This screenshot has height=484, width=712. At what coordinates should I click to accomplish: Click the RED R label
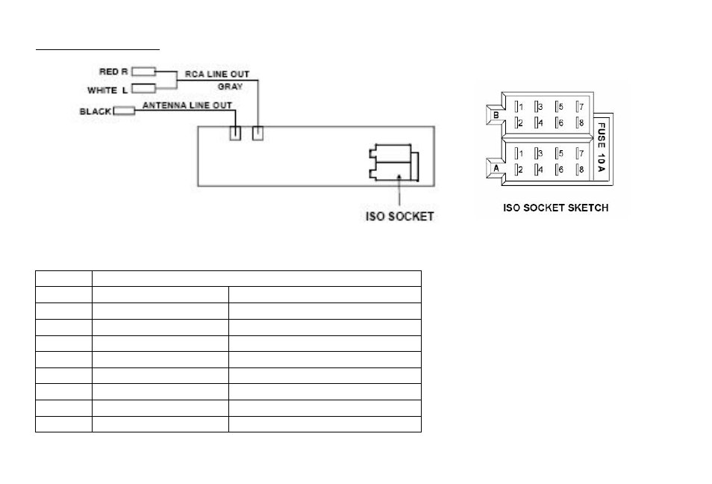point(113,72)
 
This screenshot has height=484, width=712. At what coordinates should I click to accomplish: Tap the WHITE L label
point(107,90)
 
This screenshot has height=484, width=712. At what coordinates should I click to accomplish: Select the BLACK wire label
point(96,111)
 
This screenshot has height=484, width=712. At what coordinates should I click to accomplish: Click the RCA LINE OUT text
point(217,74)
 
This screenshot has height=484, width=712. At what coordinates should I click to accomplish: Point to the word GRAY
point(230,87)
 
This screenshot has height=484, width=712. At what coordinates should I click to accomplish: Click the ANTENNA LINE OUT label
point(187,105)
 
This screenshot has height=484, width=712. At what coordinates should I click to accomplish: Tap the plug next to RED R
point(143,72)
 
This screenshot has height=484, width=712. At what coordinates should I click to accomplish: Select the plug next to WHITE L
point(143,88)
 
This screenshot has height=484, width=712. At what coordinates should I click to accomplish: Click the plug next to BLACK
point(124,111)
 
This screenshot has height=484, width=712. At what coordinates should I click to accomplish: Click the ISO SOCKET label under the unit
point(399,217)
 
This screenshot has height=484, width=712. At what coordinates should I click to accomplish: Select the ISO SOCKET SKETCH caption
point(555,208)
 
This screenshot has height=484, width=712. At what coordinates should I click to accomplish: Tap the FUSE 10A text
point(602,147)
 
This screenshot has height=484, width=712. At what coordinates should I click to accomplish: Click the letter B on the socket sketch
point(496,115)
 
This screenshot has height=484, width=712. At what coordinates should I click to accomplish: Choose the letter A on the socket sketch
point(496,168)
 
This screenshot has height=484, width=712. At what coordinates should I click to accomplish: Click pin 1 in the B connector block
point(519,107)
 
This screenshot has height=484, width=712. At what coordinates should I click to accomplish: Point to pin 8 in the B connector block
point(580,122)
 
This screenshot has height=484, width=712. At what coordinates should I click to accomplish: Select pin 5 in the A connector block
point(560,153)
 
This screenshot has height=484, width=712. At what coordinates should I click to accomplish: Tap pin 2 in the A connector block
point(519,170)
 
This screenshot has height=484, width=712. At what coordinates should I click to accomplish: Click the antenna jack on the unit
point(235,133)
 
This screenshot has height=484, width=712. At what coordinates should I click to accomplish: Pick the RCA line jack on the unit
point(257,133)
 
